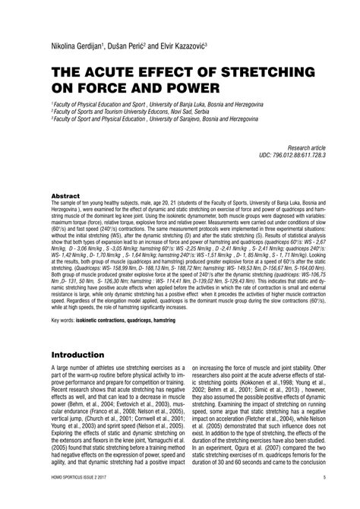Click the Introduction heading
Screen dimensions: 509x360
(x=84, y=355)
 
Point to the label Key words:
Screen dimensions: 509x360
(x=67, y=321)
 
